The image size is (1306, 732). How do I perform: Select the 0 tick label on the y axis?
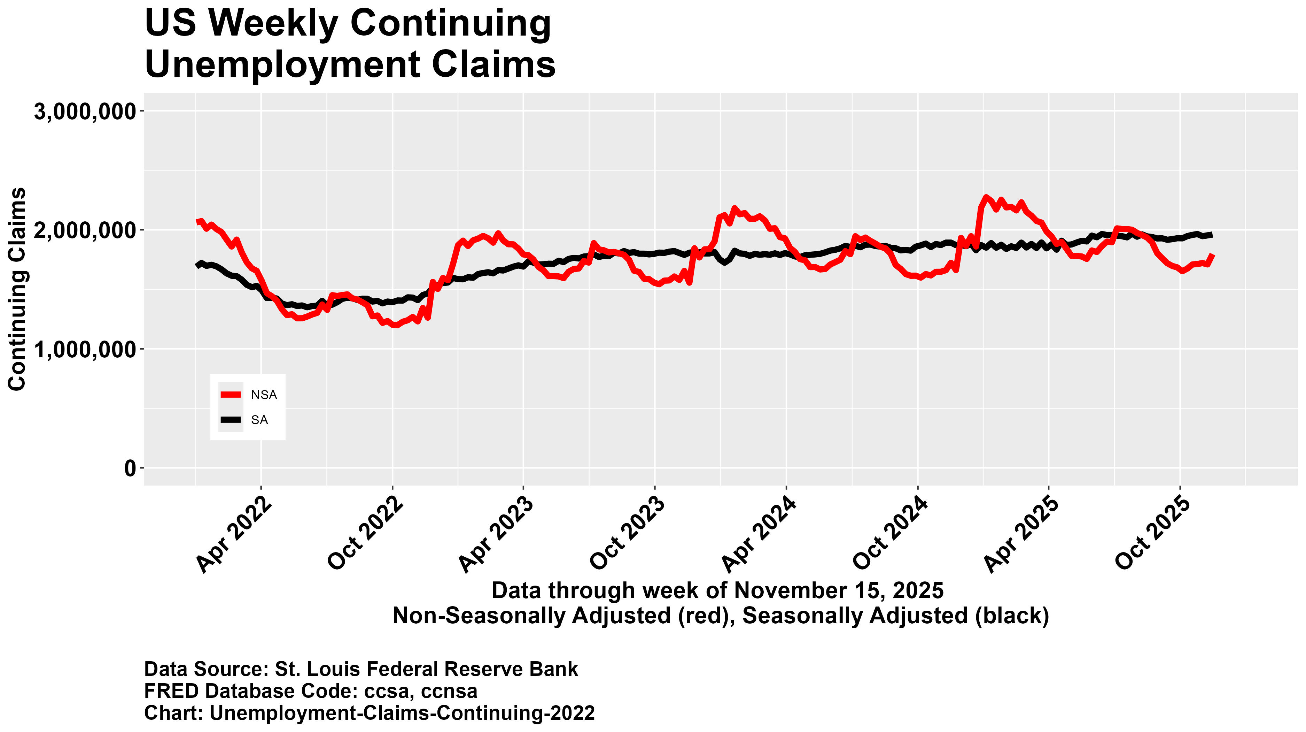[x=130, y=468]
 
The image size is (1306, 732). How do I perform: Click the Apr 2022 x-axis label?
[x=234, y=536]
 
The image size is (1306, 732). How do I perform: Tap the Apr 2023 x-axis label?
[x=496, y=536]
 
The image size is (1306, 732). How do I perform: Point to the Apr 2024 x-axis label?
[x=759, y=536]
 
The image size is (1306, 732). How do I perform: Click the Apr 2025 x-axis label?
[x=1021, y=536]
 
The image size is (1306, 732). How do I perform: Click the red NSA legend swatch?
[x=231, y=395]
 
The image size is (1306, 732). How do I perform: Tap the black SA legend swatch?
[x=231, y=420]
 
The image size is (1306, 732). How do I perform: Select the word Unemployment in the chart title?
[x=282, y=65]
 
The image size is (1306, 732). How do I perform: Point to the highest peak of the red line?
[x=986, y=197]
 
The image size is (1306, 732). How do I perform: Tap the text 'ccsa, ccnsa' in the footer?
[x=413, y=691]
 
